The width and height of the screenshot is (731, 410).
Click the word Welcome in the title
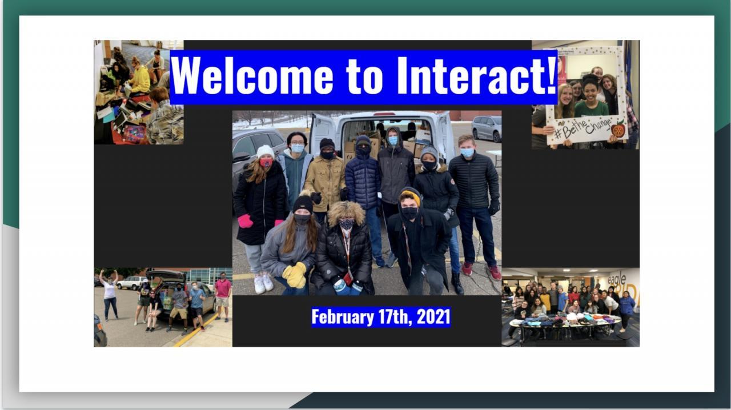coord(252,76)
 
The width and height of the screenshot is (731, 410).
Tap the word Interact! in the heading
coord(476,76)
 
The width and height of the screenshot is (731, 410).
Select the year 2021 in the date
coord(433,317)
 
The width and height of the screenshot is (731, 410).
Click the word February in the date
coord(343,317)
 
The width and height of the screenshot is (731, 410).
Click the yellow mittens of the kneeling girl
coord(295,275)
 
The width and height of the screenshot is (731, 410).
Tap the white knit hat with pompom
coord(265,151)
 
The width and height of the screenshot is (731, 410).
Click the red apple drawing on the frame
coord(618,129)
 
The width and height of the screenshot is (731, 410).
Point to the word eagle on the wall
coord(617,280)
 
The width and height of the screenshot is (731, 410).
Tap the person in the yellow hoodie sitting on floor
coord(140,79)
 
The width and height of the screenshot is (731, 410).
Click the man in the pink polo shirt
coord(223,296)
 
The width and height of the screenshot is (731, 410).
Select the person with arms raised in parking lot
coord(109,294)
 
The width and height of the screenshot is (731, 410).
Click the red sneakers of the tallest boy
coord(481,270)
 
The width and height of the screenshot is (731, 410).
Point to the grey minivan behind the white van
coord(486,128)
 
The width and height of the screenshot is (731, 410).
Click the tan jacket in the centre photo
coord(325,183)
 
